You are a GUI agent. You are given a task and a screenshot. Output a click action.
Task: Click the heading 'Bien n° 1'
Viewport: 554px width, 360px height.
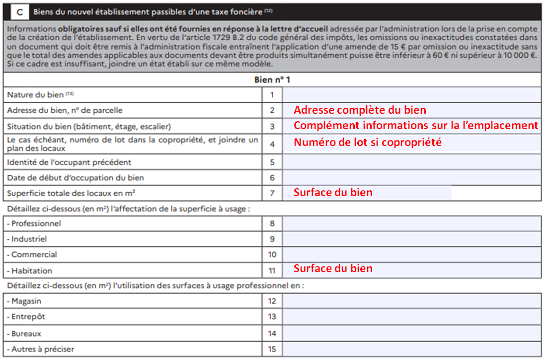click(x=272, y=79)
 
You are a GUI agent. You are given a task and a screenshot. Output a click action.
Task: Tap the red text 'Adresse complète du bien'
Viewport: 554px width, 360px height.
click(x=360, y=110)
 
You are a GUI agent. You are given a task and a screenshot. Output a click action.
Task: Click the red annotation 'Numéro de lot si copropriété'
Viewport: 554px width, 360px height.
click(x=368, y=143)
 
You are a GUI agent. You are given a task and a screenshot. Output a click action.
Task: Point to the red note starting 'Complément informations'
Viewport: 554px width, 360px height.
click(x=416, y=126)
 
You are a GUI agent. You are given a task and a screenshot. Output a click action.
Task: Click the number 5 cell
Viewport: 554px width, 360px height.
click(x=272, y=162)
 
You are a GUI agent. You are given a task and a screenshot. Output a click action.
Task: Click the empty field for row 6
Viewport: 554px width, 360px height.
click(x=411, y=178)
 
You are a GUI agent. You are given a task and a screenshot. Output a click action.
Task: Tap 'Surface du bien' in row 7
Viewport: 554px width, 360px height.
click(x=333, y=193)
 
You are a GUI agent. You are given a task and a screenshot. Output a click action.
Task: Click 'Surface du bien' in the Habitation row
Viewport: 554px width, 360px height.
click(x=333, y=269)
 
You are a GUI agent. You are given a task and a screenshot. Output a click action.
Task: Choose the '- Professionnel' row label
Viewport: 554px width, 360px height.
click(x=34, y=223)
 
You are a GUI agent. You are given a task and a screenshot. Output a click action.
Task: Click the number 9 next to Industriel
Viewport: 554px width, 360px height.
click(x=272, y=239)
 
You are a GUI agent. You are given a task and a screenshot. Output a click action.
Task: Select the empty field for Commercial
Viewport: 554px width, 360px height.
click(x=411, y=255)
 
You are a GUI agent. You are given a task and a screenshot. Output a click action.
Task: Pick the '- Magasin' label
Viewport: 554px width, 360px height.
click(x=24, y=301)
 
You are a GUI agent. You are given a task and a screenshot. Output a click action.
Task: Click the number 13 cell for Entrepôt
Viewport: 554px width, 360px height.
click(x=272, y=317)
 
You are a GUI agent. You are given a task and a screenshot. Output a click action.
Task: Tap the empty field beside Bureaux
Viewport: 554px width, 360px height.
click(x=411, y=333)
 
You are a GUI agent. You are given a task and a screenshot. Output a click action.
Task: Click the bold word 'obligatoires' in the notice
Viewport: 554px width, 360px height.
click(x=67, y=29)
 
